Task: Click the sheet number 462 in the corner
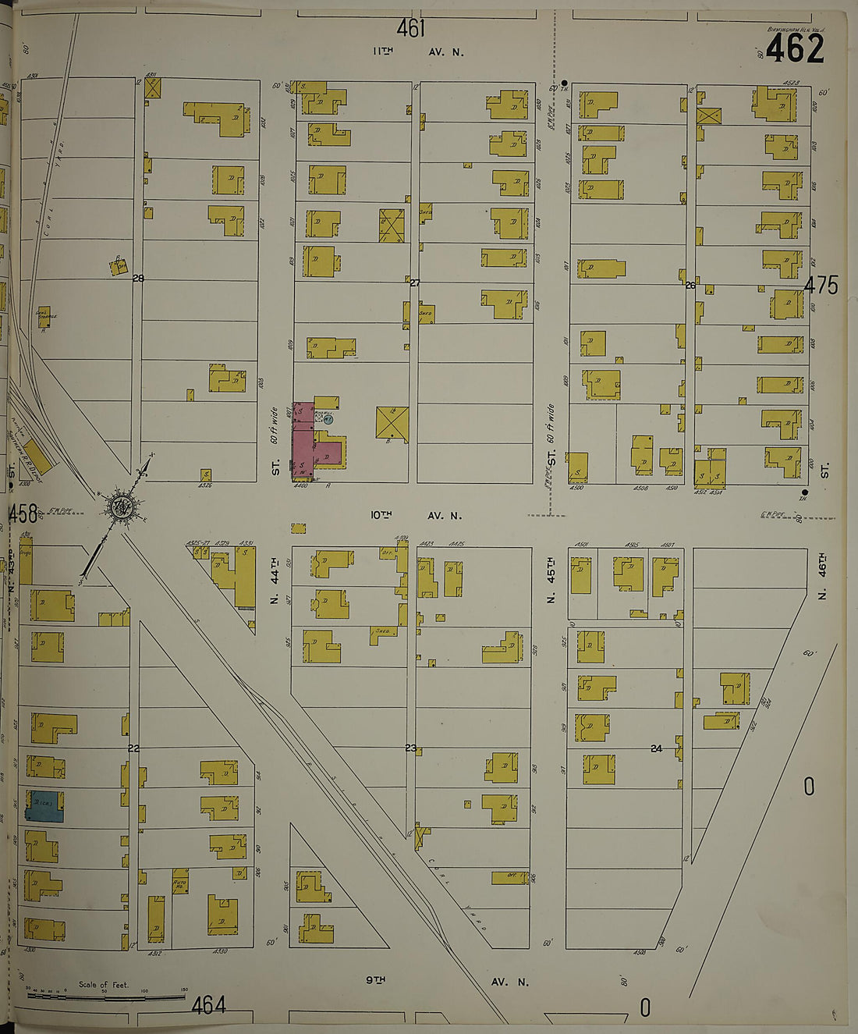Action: [794, 50]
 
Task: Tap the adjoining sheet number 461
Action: [410, 29]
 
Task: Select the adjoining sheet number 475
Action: [821, 286]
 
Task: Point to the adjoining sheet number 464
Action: [208, 1005]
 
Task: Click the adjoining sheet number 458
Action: [22, 513]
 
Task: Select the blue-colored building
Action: [44, 806]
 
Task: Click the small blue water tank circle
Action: [328, 419]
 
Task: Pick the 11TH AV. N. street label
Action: [417, 52]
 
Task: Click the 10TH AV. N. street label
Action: [416, 515]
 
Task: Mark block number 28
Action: [138, 279]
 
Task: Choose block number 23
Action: [411, 748]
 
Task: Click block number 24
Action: [656, 748]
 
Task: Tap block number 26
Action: [690, 286]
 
